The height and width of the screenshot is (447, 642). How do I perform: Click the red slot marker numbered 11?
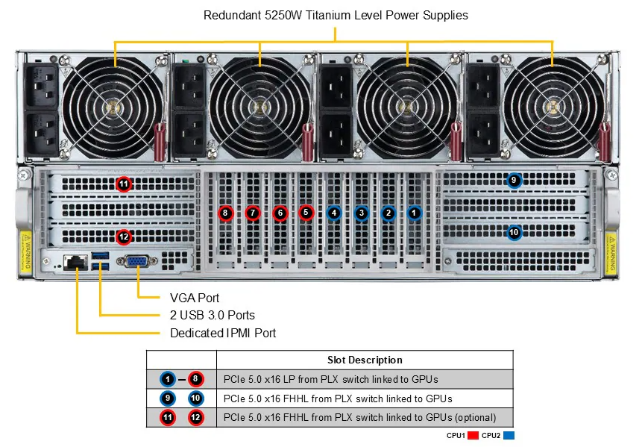tap(124, 184)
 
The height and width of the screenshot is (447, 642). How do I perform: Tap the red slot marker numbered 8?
tap(226, 213)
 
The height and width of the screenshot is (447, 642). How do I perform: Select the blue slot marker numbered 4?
tap(334, 213)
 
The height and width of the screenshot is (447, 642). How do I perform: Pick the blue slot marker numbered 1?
tap(415, 213)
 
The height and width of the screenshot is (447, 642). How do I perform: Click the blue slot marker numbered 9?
tap(513, 180)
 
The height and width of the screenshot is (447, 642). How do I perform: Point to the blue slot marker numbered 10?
tap(513, 232)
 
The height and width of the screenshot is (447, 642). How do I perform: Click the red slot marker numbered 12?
tap(124, 237)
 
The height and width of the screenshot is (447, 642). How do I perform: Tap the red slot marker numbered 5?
tap(306, 213)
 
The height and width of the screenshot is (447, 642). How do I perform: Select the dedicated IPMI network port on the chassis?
tap(75, 262)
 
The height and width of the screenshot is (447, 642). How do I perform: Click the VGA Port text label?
tap(195, 297)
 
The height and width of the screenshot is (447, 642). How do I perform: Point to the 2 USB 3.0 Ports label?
tap(212, 315)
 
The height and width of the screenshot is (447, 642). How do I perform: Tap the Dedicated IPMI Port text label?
tap(223, 333)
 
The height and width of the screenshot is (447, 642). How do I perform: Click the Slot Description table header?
tap(365, 360)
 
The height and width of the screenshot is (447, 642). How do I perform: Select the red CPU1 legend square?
tap(473, 435)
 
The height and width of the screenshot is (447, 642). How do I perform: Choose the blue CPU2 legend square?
tap(509, 435)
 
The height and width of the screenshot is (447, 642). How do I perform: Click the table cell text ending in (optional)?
tap(359, 417)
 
